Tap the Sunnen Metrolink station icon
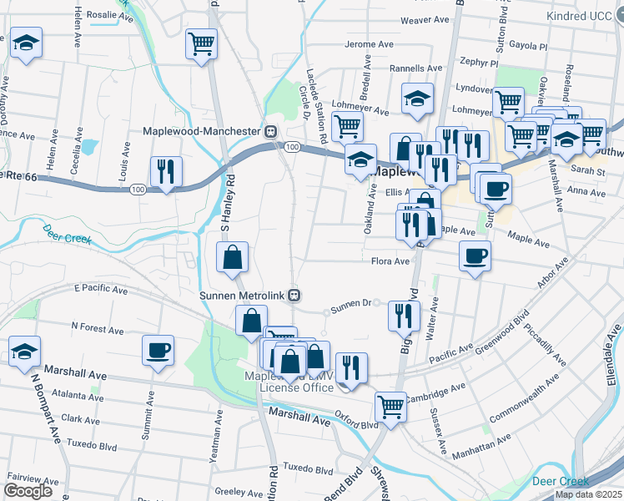(294, 295)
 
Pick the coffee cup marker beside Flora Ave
(475, 256)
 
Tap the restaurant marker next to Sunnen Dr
(405, 316)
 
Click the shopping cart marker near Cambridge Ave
(390, 407)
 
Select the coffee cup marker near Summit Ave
(158, 351)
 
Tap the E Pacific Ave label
(101, 289)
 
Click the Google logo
(28, 491)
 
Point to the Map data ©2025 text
(587, 494)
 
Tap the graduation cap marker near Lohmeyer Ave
(417, 99)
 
